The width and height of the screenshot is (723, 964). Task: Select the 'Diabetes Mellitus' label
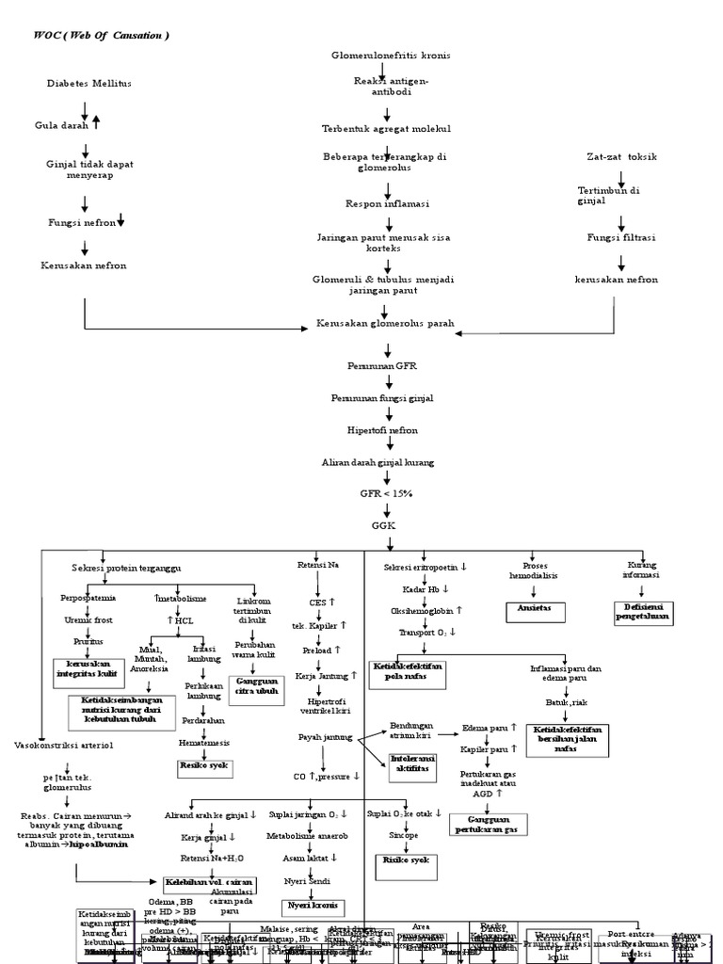(x=89, y=83)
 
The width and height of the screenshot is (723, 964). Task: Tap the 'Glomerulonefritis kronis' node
(x=391, y=56)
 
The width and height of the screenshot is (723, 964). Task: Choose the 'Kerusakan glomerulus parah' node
(x=386, y=323)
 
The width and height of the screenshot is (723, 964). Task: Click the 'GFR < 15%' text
(x=386, y=493)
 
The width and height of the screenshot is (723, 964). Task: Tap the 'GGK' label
(x=384, y=525)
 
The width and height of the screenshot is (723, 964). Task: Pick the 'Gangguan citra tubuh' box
(x=258, y=684)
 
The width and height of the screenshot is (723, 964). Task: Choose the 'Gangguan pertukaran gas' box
(x=488, y=824)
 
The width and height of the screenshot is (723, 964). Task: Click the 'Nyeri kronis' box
(x=310, y=906)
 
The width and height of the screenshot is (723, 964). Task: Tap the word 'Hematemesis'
(x=203, y=743)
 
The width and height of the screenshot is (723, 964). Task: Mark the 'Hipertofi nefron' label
(x=384, y=429)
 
